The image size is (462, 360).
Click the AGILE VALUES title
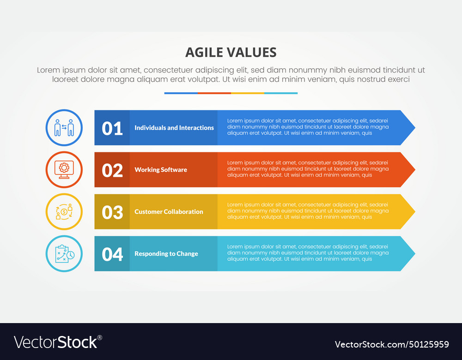click(x=231, y=53)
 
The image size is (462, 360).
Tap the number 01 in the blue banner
click(x=112, y=128)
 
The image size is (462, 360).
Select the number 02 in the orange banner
click(x=112, y=170)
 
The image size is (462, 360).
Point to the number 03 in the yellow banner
click(x=112, y=212)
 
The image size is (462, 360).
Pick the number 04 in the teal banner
click(x=112, y=254)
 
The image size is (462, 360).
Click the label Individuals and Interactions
click(x=174, y=128)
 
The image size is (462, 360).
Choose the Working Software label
click(x=161, y=170)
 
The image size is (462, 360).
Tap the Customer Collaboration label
click(x=169, y=212)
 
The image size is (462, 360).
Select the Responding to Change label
click(x=166, y=254)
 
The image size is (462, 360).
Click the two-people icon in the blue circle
click(x=64, y=128)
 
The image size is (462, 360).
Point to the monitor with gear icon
click(x=64, y=169)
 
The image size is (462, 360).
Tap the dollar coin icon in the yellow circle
click(x=64, y=212)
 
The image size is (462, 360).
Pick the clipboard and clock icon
click(x=65, y=254)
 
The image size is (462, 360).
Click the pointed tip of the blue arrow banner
click(x=415, y=128)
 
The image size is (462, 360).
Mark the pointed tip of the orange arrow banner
click(x=415, y=170)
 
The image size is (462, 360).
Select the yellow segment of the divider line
click(x=248, y=93)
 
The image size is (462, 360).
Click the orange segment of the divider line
click(x=214, y=93)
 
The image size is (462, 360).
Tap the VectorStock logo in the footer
click(x=58, y=342)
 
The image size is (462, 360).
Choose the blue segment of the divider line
click(x=181, y=93)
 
